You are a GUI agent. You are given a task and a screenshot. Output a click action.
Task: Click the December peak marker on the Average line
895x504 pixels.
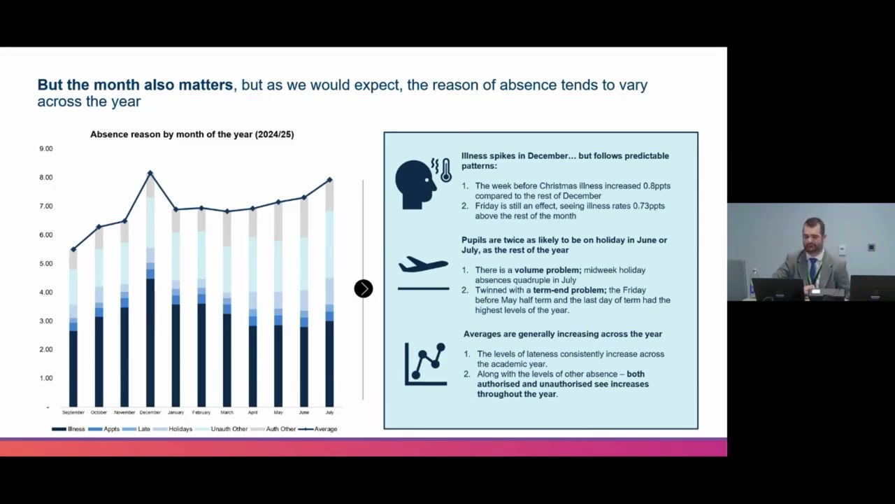pyautogui.click(x=150, y=173)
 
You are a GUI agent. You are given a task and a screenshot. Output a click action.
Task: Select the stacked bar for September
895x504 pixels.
pyautogui.click(x=73, y=328)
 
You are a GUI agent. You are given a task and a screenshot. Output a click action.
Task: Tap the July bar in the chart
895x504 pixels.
pyautogui.click(x=329, y=293)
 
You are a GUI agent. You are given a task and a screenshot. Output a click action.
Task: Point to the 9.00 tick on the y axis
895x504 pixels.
pyautogui.click(x=46, y=149)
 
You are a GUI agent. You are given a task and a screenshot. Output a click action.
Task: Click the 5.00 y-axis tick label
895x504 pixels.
pyautogui.click(x=46, y=264)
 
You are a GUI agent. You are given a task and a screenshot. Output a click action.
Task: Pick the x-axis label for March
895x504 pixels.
pyautogui.click(x=227, y=412)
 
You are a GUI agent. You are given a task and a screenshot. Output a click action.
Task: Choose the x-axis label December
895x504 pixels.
pyautogui.click(x=150, y=412)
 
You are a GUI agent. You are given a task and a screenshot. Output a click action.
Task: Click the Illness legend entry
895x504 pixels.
pyautogui.click(x=69, y=429)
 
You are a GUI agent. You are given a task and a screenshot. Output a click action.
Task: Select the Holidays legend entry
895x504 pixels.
pyautogui.click(x=173, y=429)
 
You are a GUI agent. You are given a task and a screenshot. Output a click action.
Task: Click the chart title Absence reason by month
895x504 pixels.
pyautogui.click(x=192, y=134)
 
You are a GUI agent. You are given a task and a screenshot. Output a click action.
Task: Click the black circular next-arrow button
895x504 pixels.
pyautogui.click(x=364, y=289)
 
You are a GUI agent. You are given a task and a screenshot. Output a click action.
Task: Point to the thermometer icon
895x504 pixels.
pyautogui.click(x=446, y=171)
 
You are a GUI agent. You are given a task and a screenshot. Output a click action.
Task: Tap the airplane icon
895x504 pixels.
pyautogui.click(x=423, y=265)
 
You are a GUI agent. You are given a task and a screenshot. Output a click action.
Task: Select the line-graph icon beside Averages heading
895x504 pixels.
pyautogui.click(x=426, y=365)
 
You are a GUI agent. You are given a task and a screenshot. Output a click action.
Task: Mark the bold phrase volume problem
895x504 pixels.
pyautogui.click(x=548, y=270)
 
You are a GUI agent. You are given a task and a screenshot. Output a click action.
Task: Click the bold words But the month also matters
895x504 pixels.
pyautogui.click(x=135, y=85)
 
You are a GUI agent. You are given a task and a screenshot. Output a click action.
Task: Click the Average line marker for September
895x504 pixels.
pyautogui.click(x=73, y=250)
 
